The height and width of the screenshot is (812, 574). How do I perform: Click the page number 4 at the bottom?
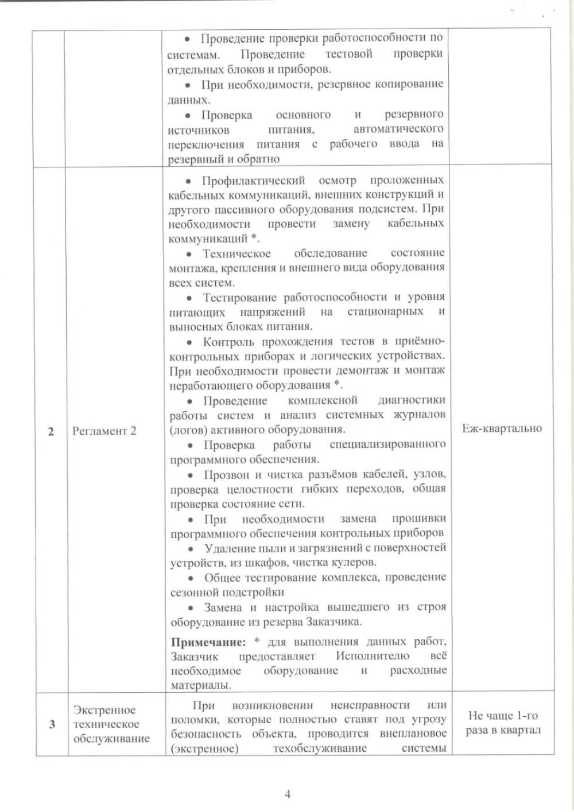(287, 794)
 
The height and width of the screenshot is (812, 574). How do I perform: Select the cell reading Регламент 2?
(104, 431)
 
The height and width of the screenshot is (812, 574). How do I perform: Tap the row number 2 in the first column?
(51, 432)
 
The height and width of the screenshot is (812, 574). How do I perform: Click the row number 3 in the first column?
(52, 724)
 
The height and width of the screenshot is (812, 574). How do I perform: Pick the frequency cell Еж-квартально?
(502, 428)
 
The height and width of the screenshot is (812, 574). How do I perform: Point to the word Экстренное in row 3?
(104, 710)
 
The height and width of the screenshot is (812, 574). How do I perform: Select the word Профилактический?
(253, 181)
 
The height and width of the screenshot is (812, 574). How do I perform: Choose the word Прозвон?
(226, 475)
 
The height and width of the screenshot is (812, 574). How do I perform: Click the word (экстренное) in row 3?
(204, 748)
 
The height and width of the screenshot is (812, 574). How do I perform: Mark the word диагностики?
(412, 400)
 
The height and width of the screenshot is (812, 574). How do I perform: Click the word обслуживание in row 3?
(111, 739)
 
